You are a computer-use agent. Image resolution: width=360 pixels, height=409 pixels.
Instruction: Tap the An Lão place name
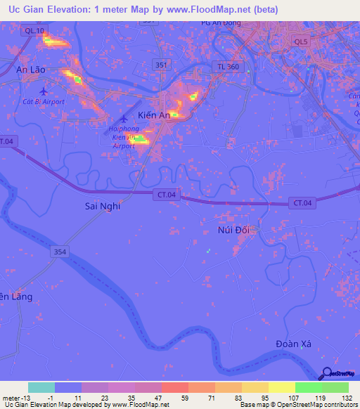(x=31, y=70)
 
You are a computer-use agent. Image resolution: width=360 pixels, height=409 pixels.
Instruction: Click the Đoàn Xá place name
(x=294, y=343)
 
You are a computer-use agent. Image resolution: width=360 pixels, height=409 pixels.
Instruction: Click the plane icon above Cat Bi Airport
(x=45, y=91)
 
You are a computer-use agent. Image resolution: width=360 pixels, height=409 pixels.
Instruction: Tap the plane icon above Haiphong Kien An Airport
(x=124, y=119)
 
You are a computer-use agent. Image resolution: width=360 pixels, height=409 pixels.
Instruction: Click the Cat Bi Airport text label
(x=44, y=102)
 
